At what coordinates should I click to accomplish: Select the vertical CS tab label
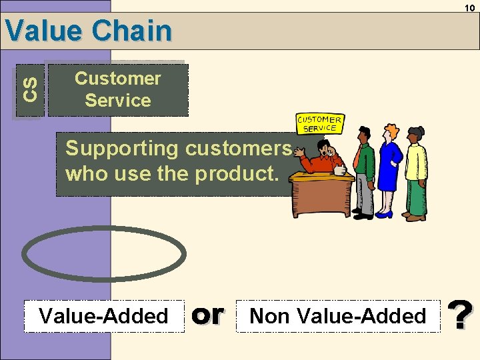coord(29,89)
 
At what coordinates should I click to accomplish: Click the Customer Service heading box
coord(118,90)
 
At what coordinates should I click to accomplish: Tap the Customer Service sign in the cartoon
coord(319,124)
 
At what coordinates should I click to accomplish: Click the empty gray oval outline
coord(104,254)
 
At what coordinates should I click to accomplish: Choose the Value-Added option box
coord(104,316)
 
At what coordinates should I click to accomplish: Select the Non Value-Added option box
coord(338,316)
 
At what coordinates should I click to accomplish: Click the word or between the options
coord(207,315)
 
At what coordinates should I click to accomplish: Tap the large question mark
coord(460,315)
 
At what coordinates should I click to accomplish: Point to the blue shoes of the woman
coord(385,214)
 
